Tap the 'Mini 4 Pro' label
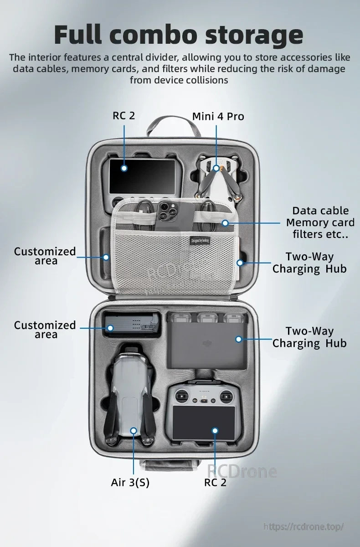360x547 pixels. click(x=218, y=116)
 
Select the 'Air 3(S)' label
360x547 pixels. click(x=130, y=482)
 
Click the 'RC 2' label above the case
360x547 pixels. click(x=124, y=115)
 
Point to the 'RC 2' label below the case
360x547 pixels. click(x=215, y=482)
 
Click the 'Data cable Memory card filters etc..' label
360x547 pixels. click(x=320, y=222)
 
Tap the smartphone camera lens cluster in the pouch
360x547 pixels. click(x=165, y=208)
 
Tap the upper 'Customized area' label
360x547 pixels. click(x=45, y=256)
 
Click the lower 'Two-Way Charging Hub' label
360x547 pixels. click(x=309, y=337)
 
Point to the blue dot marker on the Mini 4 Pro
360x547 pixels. click(x=216, y=169)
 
